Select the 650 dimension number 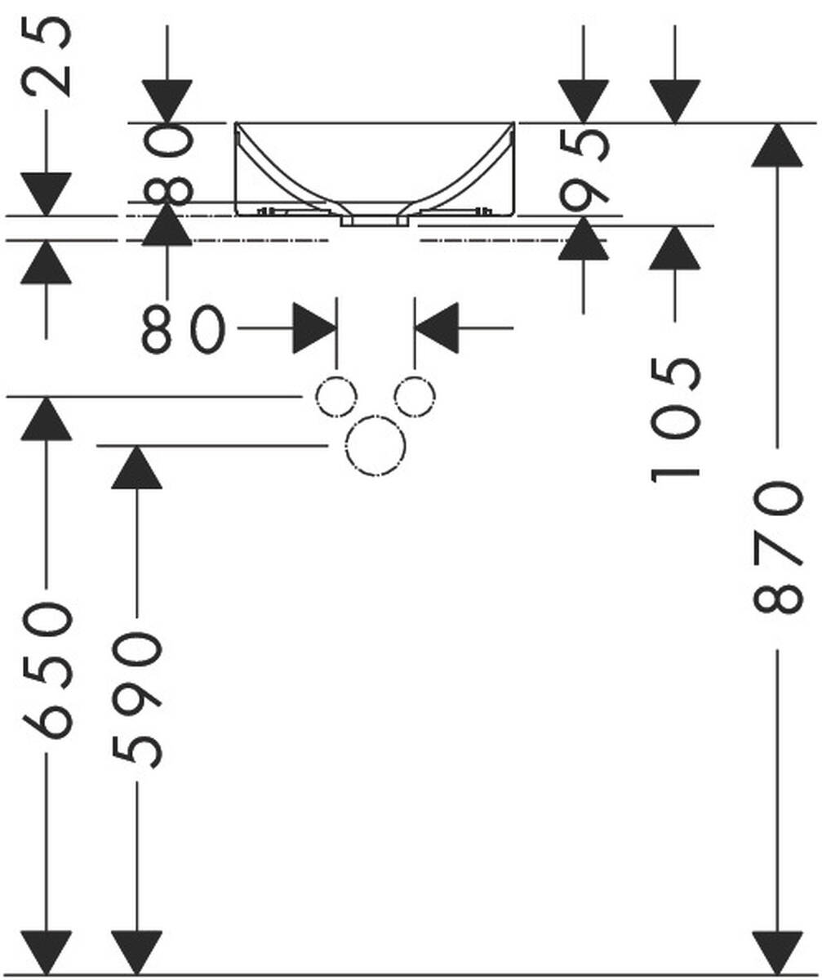[47, 670]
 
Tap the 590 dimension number [137, 699]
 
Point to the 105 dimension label [676, 418]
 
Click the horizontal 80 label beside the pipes [182, 328]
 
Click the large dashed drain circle [375, 445]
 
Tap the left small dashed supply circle [336, 398]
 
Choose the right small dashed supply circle [415, 398]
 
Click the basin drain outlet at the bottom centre [375, 220]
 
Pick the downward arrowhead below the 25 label [47, 194]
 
